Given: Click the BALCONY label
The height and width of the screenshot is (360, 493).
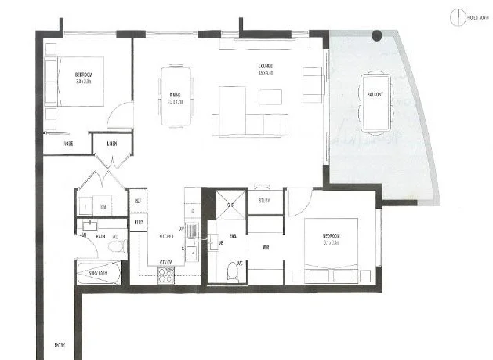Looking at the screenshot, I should pyautogui.click(x=375, y=94).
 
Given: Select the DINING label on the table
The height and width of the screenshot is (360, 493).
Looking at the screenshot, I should pyautogui.click(x=175, y=96).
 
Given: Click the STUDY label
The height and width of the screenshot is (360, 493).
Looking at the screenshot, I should pyautogui.click(x=265, y=201).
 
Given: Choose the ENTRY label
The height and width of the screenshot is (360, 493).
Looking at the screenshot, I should pyautogui.click(x=60, y=345).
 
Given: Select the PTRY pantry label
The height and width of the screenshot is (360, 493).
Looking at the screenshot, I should pyautogui.click(x=139, y=222).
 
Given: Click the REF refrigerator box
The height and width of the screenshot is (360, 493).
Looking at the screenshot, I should pyautogui.click(x=139, y=201).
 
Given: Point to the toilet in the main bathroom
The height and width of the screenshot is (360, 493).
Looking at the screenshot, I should pyautogui.click(x=116, y=247).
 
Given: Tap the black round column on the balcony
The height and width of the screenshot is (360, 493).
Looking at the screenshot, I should pyautogui.click(x=377, y=35).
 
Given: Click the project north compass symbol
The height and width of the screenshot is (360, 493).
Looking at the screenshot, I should pyautogui.click(x=455, y=14).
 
